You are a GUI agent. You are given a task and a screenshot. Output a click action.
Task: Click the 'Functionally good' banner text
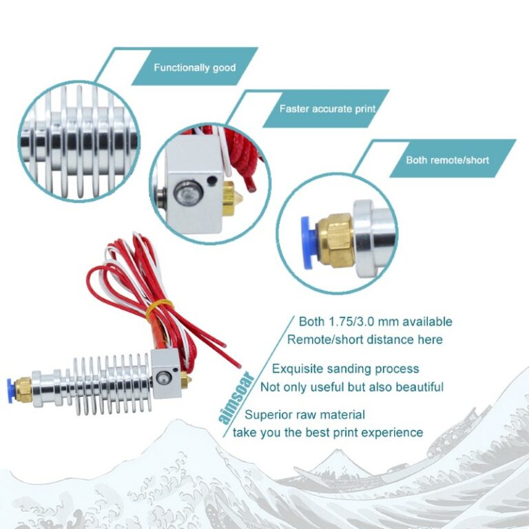tap(195, 68)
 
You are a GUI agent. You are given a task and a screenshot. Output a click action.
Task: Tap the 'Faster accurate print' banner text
tap(327, 109)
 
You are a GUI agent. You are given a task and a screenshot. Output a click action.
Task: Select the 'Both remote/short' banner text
tap(447, 160)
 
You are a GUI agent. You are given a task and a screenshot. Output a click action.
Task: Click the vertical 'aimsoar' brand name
tap(236, 397)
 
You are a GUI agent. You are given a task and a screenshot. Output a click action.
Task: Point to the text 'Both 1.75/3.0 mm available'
tap(375, 322)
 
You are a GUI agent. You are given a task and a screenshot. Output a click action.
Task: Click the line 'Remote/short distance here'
tap(364, 340)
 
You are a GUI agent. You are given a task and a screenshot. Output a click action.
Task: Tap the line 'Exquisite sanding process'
tap(346, 369)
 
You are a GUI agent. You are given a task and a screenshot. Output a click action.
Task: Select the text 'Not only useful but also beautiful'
tap(352, 387)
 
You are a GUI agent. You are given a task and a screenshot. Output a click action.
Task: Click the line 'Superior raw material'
tap(304, 415)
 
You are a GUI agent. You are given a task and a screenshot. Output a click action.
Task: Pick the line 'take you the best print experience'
tap(328, 433)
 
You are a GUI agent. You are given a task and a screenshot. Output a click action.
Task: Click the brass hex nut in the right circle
tap(335, 240)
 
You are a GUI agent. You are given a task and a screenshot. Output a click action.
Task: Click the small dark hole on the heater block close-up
tap(212, 180)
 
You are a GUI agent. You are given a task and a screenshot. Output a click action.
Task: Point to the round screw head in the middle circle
tap(188, 194)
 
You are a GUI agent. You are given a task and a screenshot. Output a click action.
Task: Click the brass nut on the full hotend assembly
tap(23, 390)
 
